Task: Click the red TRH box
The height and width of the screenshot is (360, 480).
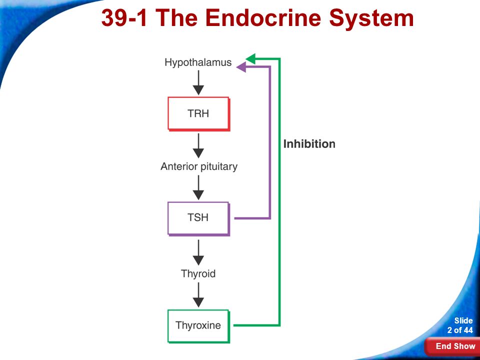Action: point(198,113)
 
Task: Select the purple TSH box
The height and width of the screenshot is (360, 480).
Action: point(198,218)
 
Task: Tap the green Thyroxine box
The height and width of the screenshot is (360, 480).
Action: point(198,325)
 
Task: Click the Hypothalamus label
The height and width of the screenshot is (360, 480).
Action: point(198,62)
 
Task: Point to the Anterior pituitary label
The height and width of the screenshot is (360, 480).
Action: point(198,166)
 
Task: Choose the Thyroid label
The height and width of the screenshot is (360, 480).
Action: point(198,273)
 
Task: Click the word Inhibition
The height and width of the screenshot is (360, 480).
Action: point(309,144)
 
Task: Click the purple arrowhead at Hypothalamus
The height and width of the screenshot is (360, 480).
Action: point(241,67)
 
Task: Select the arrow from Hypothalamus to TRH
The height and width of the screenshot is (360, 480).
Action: point(198,82)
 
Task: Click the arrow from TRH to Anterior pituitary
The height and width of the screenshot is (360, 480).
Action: point(198,145)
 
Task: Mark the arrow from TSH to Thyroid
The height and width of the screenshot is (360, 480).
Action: point(198,252)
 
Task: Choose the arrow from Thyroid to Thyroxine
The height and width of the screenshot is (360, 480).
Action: point(198,295)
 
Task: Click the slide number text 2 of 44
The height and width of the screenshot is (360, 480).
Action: point(459,330)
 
